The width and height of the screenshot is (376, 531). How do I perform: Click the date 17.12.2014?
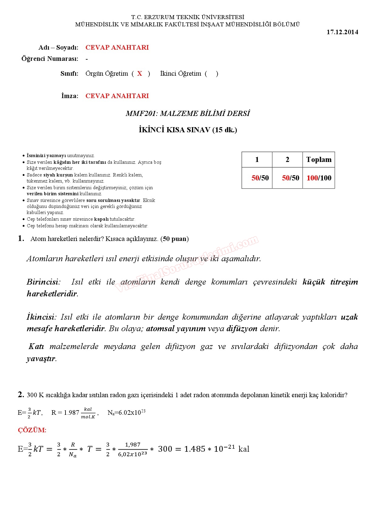click(x=342, y=32)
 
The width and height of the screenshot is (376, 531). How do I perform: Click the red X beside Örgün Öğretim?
click(x=139, y=74)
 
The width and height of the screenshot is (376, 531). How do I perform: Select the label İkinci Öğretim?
click(x=180, y=74)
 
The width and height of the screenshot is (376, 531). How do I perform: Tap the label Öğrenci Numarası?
click(x=50, y=59)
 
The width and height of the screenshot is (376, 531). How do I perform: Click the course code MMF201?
click(x=141, y=114)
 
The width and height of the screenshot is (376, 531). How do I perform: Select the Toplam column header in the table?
click(x=319, y=160)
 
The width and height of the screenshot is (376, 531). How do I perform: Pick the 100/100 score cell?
click(x=319, y=178)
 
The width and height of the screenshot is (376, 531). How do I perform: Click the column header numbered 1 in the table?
click(x=257, y=160)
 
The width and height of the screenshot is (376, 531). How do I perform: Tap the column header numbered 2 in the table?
click(x=287, y=160)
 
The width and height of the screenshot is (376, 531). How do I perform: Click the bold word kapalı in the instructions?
click(x=101, y=219)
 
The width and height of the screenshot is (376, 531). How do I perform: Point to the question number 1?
click(x=21, y=239)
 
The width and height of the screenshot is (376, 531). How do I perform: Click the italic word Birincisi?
click(x=43, y=282)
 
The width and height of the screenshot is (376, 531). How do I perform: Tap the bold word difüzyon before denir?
click(x=242, y=328)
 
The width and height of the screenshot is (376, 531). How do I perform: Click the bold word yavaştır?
click(x=41, y=359)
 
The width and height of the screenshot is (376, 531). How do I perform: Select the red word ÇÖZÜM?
click(x=32, y=430)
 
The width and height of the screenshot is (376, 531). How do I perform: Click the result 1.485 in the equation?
click(x=195, y=449)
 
